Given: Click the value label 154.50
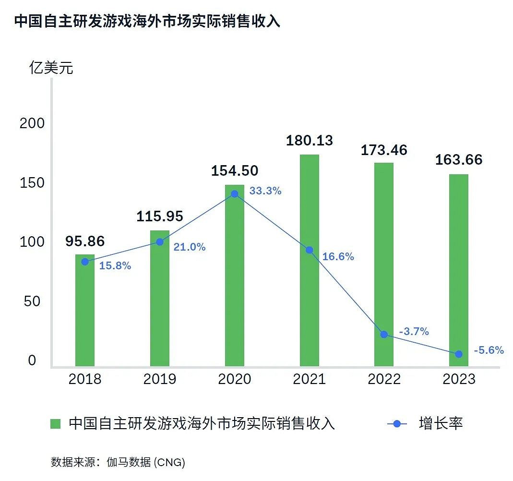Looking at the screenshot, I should (235, 170).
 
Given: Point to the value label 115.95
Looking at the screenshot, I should (160, 216).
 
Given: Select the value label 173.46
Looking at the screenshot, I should (384, 150).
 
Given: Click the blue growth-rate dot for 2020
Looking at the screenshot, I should (235, 194).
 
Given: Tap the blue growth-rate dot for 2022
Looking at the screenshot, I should (384, 334).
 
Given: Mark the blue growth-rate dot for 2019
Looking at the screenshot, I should (160, 241).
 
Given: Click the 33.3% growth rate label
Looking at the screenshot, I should (265, 191).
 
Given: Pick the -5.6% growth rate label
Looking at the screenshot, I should (489, 350).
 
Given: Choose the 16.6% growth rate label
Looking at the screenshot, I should (338, 257).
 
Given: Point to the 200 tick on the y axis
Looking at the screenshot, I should (32, 123).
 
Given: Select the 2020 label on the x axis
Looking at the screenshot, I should (235, 379).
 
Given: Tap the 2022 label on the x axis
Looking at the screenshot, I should (384, 379).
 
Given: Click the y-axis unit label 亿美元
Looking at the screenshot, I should (51, 68).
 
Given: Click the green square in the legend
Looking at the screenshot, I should (56, 424).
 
